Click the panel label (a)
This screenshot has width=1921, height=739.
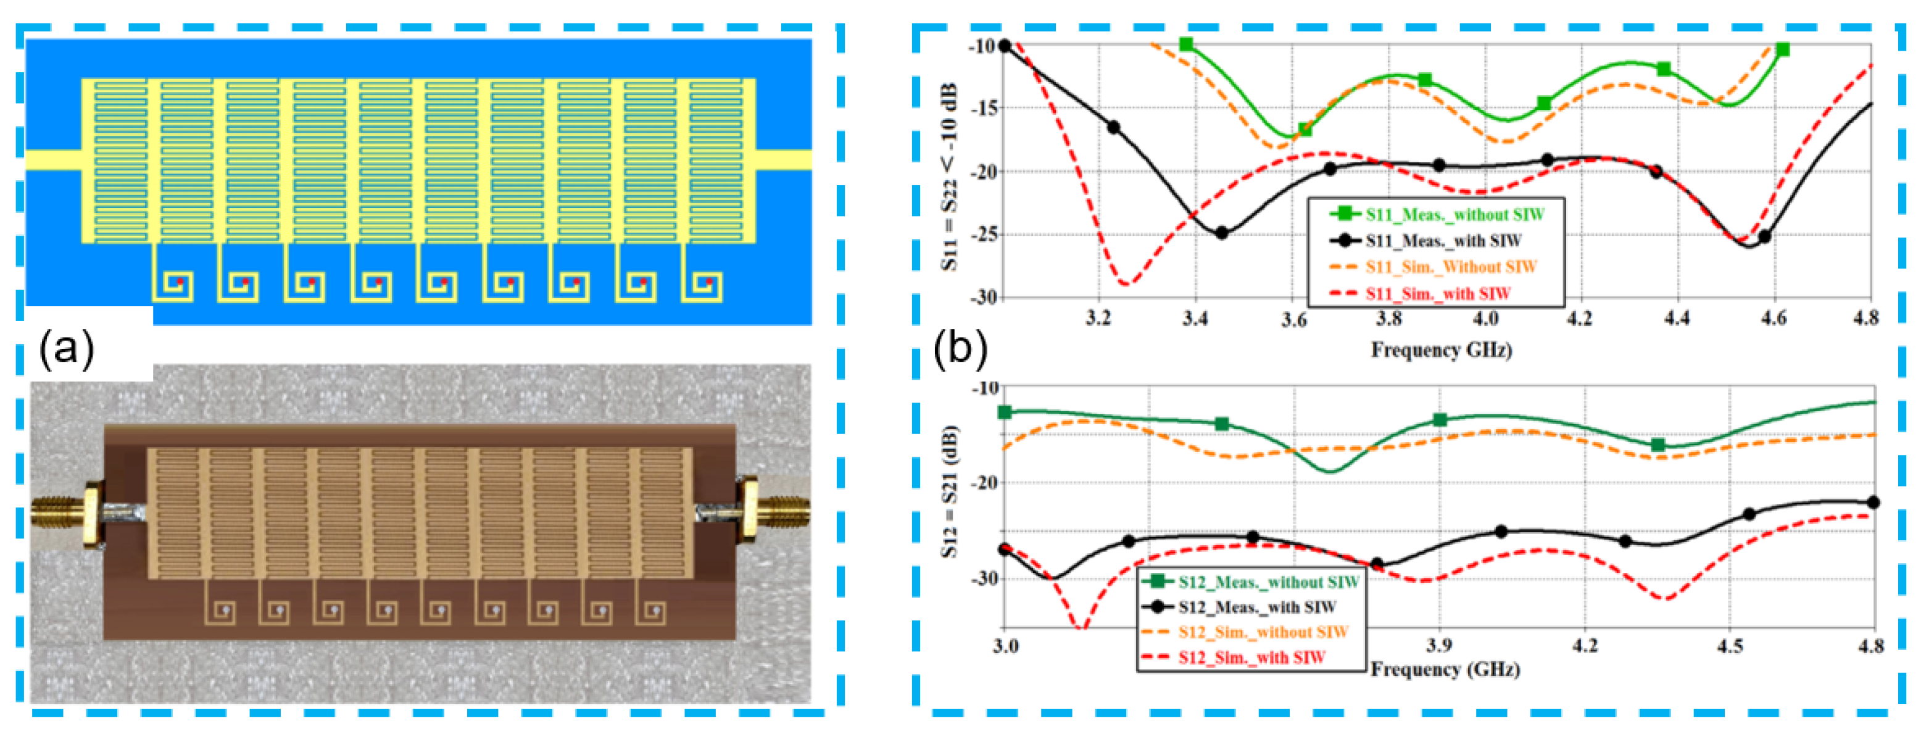[x=67, y=348]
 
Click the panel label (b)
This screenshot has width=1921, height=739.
[x=960, y=348]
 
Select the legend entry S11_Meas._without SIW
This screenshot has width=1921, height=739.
[x=1454, y=215]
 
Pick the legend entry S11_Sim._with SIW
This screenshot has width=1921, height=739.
[x=1438, y=294]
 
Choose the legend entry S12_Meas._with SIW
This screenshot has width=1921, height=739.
[x=1256, y=607]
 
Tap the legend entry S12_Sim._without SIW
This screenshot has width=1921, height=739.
[x=1263, y=632]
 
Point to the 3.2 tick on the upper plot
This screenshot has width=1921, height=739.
[x=1098, y=319]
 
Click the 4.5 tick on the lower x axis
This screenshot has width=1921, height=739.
[x=1730, y=645]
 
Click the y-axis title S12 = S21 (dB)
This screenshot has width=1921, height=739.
[x=949, y=491]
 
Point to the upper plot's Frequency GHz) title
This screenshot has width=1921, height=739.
[x=1441, y=349]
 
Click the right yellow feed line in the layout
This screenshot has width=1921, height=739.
[x=784, y=159]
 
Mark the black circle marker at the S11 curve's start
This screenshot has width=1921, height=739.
[x=1005, y=46]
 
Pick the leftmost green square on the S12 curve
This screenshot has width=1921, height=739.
[x=1005, y=412]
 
